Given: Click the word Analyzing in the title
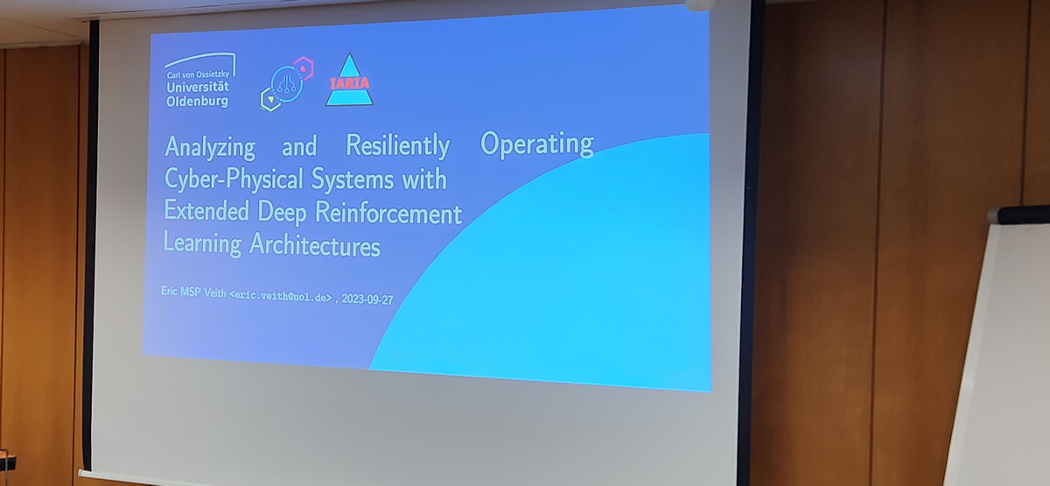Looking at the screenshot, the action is click(210, 147).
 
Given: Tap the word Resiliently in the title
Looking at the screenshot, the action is click(398, 145).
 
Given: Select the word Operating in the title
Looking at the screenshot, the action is click(537, 143).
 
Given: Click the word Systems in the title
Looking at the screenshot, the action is click(353, 180).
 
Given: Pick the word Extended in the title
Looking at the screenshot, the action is click(206, 211).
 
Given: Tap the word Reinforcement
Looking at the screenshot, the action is click(388, 213).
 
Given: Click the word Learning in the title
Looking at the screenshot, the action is click(202, 243).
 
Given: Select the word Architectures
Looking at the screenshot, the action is click(315, 245).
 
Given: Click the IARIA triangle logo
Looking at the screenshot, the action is click(349, 81).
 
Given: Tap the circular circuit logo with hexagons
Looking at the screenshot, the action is click(286, 84).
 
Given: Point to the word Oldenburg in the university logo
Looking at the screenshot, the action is click(198, 102).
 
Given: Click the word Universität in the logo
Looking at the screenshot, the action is click(198, 88).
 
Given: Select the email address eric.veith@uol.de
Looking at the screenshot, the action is click(281, 297).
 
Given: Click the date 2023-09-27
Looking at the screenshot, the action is click(367, 299).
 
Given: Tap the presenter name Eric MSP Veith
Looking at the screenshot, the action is click(193, 292).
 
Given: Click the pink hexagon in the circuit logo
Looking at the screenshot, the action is click(304, 68).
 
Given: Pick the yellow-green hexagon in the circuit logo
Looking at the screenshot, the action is click(270, 100).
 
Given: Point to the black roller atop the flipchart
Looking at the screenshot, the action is click(1018, 215).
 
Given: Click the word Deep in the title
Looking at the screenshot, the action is click(282, 213).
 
